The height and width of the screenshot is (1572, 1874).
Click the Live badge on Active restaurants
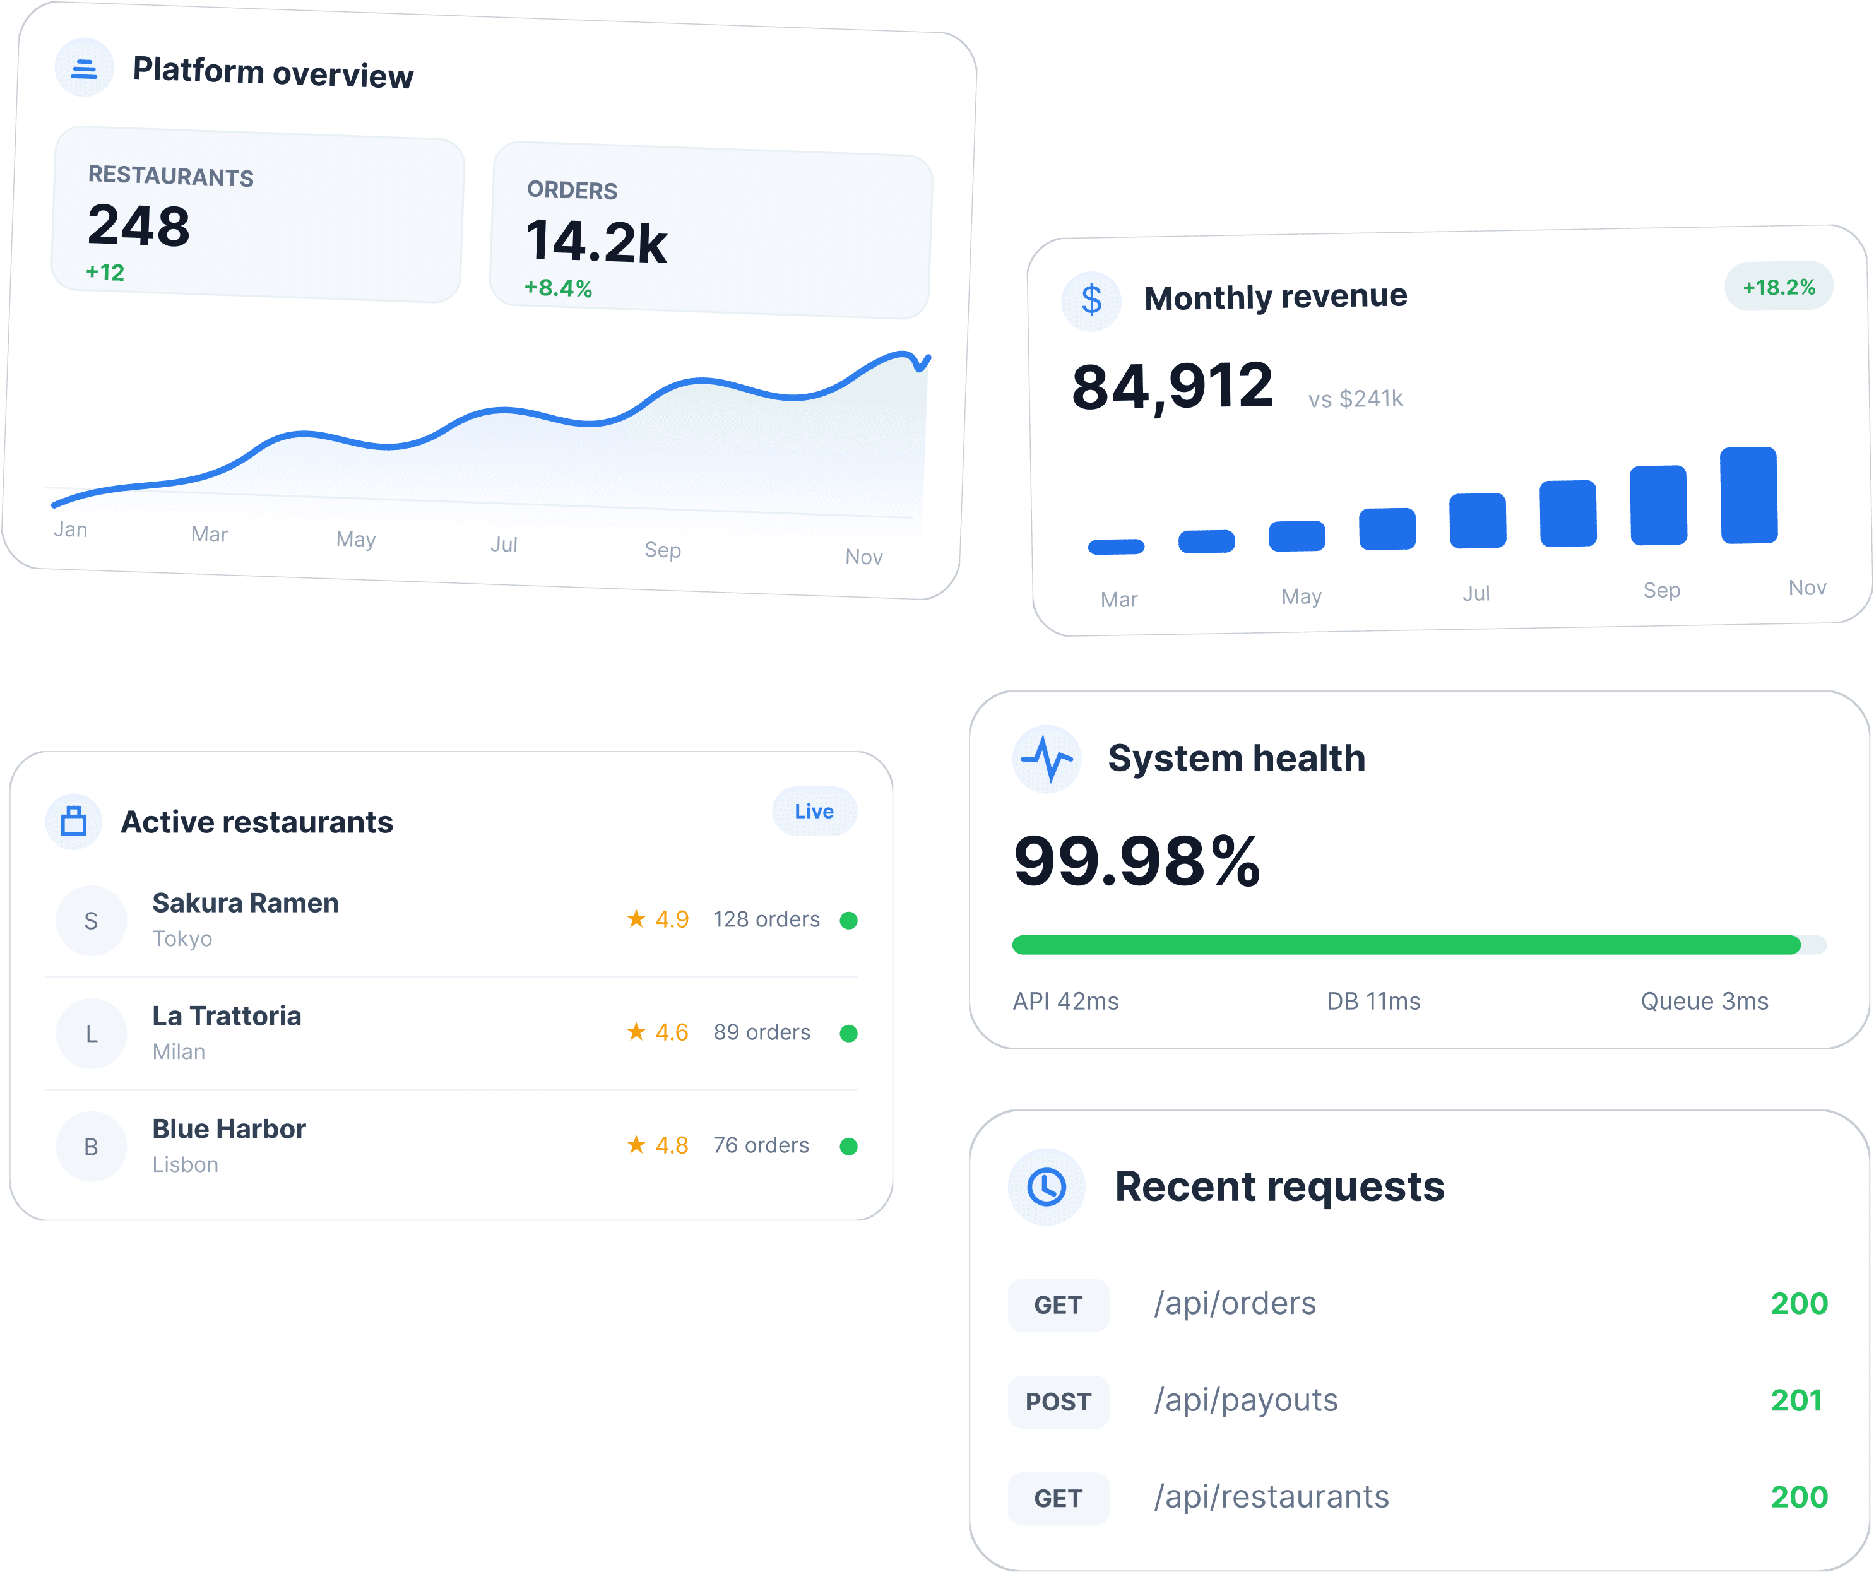point(814,811)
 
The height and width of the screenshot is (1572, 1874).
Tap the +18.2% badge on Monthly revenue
point(1779,287)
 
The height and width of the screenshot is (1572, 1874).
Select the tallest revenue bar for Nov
point(1749,495)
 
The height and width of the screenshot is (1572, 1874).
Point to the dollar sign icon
point(1091,300)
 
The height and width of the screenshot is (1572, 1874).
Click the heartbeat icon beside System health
point(1047,759)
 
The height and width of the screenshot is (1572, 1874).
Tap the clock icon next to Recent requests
point(1046,1186)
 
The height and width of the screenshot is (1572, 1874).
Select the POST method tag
point(1059,1402)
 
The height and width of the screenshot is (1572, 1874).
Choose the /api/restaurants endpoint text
point(1272,1497)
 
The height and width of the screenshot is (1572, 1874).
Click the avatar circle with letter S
point(91,921)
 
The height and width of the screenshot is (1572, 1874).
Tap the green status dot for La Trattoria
point(849,1033)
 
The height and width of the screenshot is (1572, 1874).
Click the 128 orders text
point(766,919)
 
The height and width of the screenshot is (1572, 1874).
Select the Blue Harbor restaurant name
point(229,1128)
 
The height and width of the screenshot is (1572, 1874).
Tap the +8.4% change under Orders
point(558,287)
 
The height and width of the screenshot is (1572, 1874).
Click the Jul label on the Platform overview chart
point(504,544)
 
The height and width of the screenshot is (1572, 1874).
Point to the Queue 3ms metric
point(1704,1001)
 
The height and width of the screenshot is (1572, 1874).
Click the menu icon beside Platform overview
point(84,68)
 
